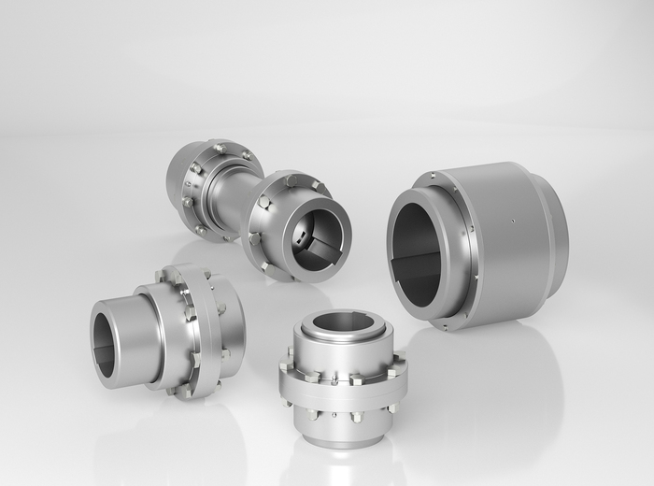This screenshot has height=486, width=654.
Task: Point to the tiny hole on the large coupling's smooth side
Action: click(513, 222)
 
